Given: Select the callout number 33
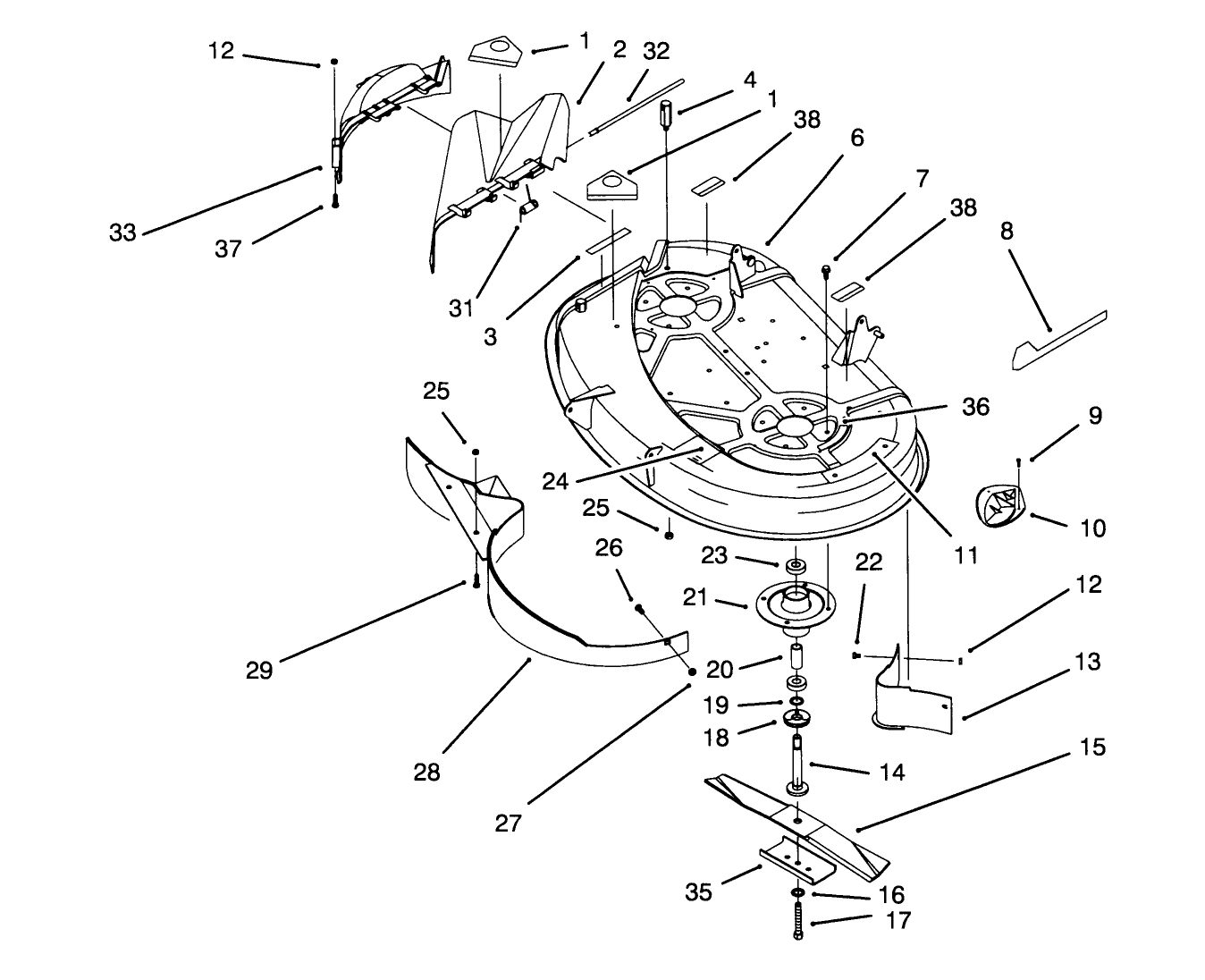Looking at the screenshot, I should pyautogui.click(x=122, y=232).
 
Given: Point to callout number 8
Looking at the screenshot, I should pyautogui.click(x=1007, y=232).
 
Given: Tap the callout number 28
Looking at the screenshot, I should pyautogui.click(x=427, y=771).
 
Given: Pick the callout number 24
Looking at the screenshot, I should pyautogui.click(x=555, y=481).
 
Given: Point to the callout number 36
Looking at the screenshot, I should pyautogui.click(x=975, y=406).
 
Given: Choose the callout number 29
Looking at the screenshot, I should pyautogui.click(x=259, y=669).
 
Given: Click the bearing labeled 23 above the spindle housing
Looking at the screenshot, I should pyautogui.click(x=795, y=568).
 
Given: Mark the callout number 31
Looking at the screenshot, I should pyautogui.click(x=460, y=308).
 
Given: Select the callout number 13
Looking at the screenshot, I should pyautogui.click(x=1088, y=663).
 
